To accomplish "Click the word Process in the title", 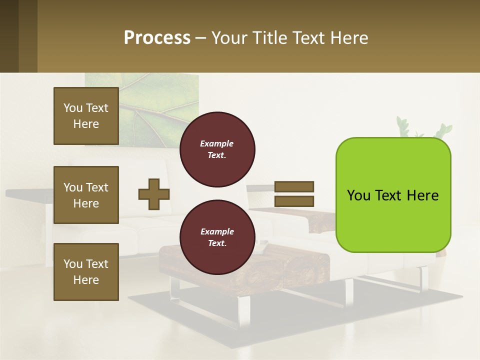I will click(157, 37).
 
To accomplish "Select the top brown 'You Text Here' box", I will click(86, 116).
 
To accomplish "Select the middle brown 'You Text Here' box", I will click(86, 195).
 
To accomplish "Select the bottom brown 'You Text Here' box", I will click(86, 272).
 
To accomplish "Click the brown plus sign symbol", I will click(154, 193).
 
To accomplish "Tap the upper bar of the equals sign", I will click(294, 187).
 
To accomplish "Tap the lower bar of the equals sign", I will click(294, 201).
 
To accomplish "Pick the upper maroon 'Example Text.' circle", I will click(217, 149).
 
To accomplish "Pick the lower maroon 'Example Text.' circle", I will click(217, 237).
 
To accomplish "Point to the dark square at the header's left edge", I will click(9, 36).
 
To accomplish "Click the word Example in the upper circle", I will click(217, 143).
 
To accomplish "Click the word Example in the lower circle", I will click(217, 231).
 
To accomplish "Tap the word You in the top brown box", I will click(73, 108).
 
